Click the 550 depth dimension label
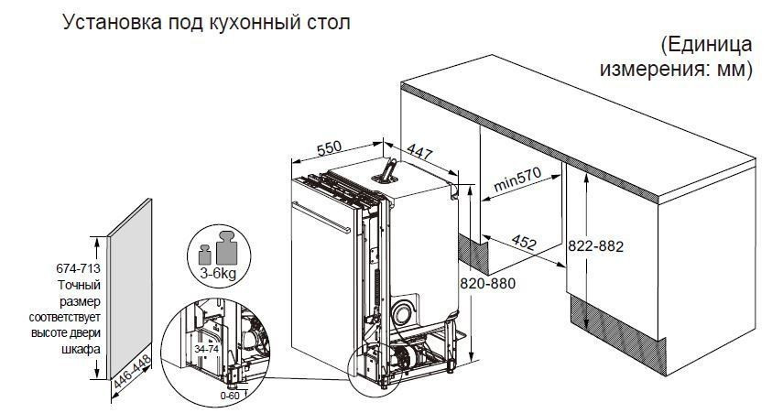click(x=329, y=147)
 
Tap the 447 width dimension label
click(x=419, y=152)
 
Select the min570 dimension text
click(x=517, y=179)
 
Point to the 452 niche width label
click(x=524, y=242)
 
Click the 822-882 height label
click(x=596, y=245)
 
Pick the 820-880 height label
click(x=487, y=283)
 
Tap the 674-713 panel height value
click(x=78, y=268)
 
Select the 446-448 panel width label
click(x=132, y=372)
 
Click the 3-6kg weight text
click(x=218, y=273)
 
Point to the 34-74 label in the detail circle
click(x=206, y=349)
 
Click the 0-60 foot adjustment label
click(x=230, y=396)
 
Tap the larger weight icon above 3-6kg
click(x=227, y=247)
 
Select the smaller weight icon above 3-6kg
click(x=204, y=254)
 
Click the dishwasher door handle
click(x=321, y=218)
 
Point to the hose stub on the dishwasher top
click(x=387, y=170)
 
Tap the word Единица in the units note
click(x=706, y=45)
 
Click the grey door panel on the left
click(x=130, y=289)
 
